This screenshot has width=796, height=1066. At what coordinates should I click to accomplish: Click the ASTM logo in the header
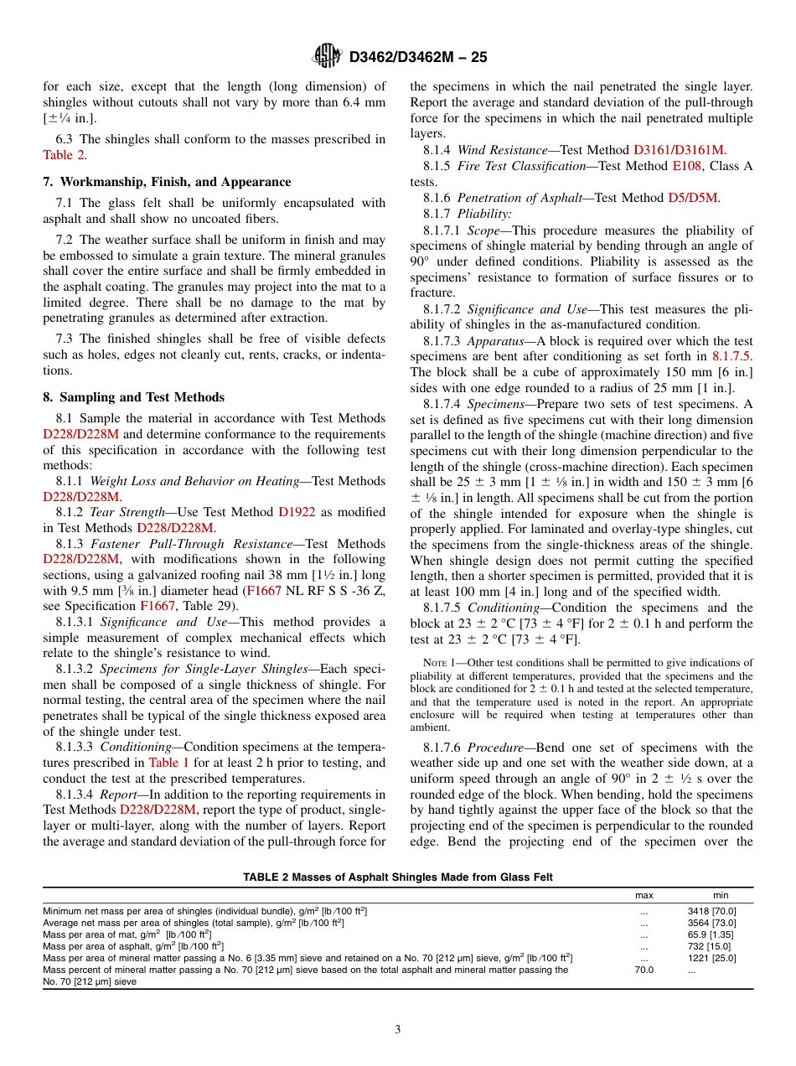pos(328,56)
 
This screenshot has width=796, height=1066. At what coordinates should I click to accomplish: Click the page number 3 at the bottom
pos(398,1030)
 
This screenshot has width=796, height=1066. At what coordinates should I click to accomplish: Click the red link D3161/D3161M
pos(679,150)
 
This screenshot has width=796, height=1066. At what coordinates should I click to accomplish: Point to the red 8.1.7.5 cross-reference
pos(731,355)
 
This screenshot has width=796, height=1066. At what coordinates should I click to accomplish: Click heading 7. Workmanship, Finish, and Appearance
pos(167,182)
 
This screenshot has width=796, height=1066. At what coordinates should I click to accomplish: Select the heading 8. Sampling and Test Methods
pos(133,397)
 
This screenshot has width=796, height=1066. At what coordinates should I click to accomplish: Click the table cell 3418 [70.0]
pos(711,910)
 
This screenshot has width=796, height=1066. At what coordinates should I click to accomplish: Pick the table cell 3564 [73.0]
pos(711,922)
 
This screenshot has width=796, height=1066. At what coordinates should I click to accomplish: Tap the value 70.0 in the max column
pos(644,969)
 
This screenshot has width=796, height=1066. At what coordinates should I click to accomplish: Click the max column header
pos(644,896)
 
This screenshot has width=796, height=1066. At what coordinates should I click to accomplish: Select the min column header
pos(721,896)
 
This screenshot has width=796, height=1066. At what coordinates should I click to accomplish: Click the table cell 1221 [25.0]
pos(711,957)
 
